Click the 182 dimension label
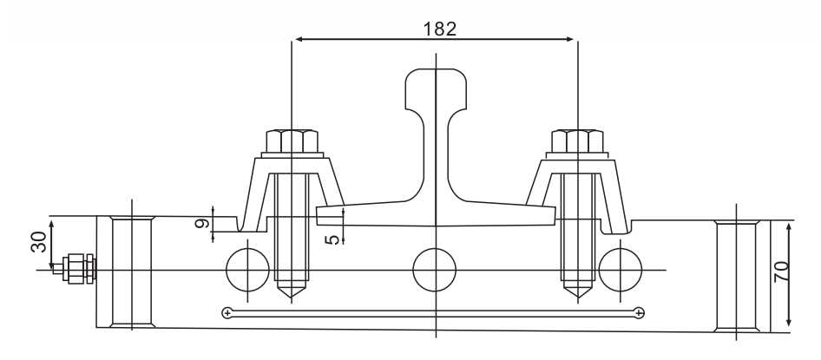click(x=440, y=29)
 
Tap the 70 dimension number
click(x=782, y=272)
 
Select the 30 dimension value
click(x=39, y=242)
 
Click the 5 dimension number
click(x=332, y=240)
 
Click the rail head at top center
click(x=436, y=89)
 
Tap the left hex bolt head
click(x=292, y=141)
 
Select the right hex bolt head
click(x=577, y=141)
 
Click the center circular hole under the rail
click(x=435, y=270)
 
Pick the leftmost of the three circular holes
click(x=247, y=270)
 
